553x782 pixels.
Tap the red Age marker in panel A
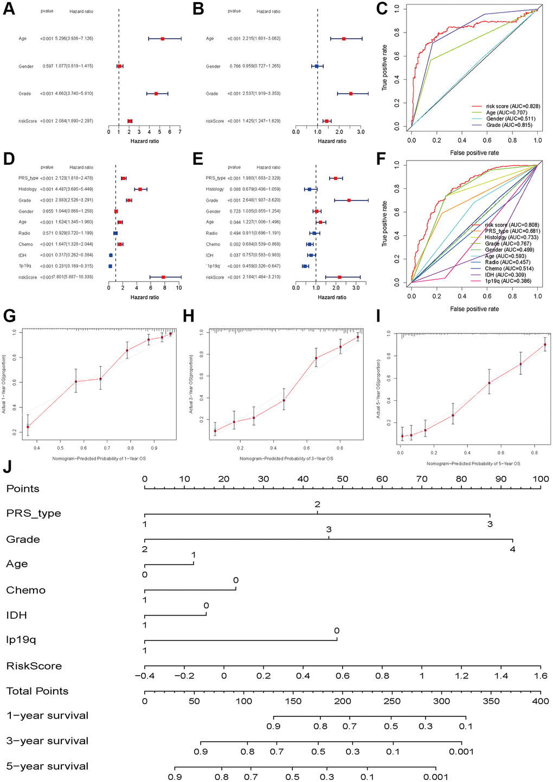coord(163,39)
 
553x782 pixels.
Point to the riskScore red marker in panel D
coord(163,277)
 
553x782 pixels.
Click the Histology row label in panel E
coord(215,189)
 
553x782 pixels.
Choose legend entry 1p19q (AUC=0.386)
coord(507,281)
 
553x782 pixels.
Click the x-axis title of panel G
coord(99,459)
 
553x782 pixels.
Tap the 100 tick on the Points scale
coord(541,479)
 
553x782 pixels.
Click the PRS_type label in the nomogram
coord(34,514)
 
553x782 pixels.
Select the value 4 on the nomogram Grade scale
coord(512,549)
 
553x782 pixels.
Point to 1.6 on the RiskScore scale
coord(541,676)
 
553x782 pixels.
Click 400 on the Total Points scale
coord(541,701)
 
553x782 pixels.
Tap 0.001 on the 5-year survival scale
coord(435,777)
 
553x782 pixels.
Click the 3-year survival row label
coord(47,741)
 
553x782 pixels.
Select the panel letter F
coord(382,160)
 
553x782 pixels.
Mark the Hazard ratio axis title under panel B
coord(332,141)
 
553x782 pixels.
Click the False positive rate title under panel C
coord(474,153)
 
